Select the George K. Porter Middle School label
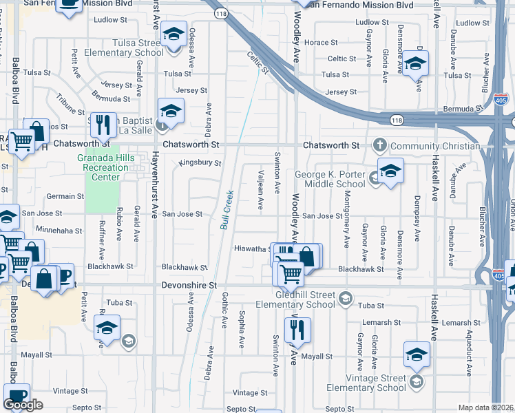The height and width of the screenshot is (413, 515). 330,180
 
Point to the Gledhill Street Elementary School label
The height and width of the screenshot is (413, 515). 295,299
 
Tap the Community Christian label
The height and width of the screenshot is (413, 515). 434,146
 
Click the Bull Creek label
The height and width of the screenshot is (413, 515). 227,211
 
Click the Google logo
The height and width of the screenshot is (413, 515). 23,405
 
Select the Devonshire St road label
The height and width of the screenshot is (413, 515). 189,284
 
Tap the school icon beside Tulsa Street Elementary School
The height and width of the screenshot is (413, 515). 174,34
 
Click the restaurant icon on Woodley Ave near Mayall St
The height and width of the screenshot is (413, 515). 297,331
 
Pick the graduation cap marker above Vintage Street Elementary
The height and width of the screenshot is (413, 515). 417,356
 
